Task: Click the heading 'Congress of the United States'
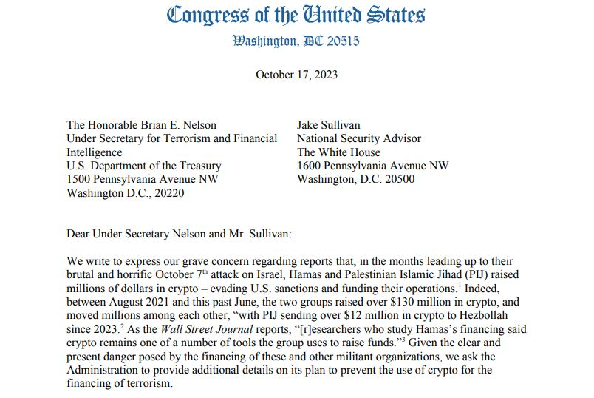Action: [x=296, y=15]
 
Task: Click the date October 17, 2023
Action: [x=296, y=75]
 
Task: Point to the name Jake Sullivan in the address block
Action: [x=331, y=124]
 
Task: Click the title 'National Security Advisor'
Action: [x=358, y=138]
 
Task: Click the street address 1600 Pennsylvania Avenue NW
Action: [x=372, y=166]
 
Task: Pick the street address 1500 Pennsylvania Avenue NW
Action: [x=142, y=180]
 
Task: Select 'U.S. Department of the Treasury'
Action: [x=144, y=166]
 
